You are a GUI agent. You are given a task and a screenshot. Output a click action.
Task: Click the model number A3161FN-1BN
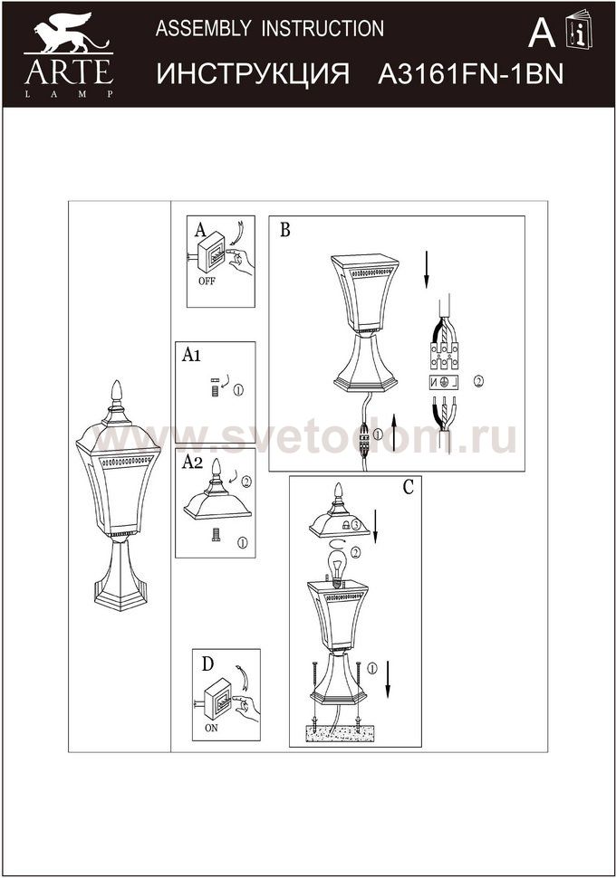click(x=470, y=74)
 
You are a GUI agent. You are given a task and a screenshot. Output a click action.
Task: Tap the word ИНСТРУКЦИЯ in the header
click(x=253, y=75)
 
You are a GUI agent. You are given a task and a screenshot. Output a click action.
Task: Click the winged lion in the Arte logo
click(x=70, y=33)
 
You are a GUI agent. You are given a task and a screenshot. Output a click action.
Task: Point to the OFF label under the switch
click(x=207, y=282)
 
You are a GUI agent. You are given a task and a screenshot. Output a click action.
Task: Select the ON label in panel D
click(x=211, y=728)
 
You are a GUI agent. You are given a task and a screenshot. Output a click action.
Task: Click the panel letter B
click(x=284, y=230)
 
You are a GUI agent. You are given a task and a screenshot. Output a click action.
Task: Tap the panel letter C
click(x=408, y=487)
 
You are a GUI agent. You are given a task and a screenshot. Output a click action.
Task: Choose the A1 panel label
click(x=191, y=355)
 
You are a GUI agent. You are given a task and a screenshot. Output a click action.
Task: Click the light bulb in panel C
click(x=336, y=568)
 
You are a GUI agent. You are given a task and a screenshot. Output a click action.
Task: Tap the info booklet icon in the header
click(x=579, y=29)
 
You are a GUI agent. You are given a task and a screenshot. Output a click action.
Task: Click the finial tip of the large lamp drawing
click(x=117, y=381)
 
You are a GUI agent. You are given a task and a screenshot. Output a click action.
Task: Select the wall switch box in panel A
click(x=211, y=253)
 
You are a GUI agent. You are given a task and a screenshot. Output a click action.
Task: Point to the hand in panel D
click(x=246, y=708)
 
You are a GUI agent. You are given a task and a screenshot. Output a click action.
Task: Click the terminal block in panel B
click(x=444, y=356)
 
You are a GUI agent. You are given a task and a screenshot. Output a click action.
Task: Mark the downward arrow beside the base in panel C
click(x=388, y=680)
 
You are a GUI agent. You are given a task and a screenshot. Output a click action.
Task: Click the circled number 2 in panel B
click(x=477, y=381)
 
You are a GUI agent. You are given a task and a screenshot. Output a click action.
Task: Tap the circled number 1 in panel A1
click(x=238, y=390)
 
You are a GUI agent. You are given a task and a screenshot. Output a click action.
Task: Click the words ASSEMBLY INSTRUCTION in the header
click(x=270, y=28)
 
